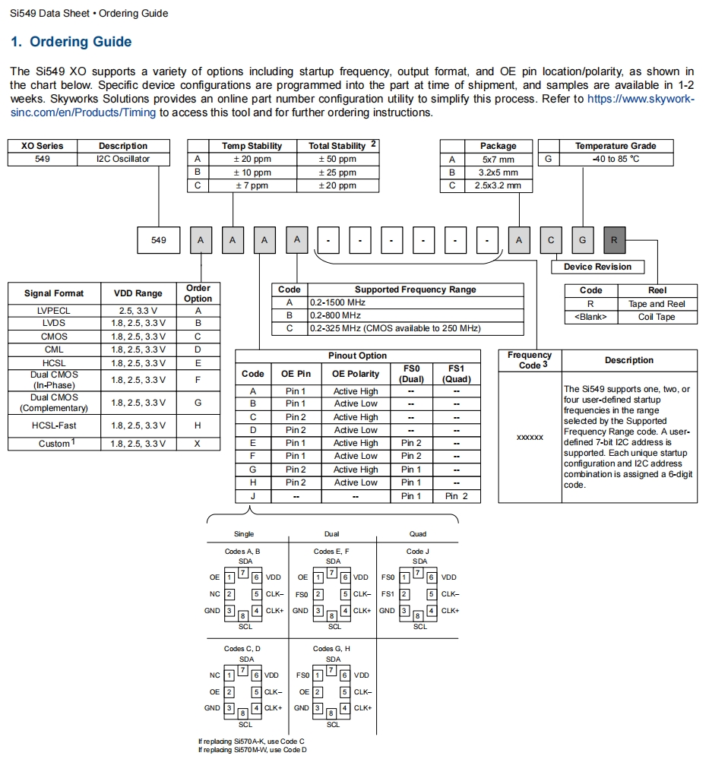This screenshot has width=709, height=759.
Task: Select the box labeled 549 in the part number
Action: pos(158,240)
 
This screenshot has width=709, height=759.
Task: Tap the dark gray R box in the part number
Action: pos(614,240)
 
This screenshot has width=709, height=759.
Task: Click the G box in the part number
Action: pos(582,240)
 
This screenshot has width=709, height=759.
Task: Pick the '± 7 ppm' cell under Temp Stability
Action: pos(252,185)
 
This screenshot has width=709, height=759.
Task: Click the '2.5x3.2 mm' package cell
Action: pos(498,185)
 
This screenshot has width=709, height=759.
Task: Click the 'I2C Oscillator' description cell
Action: pos(123,160)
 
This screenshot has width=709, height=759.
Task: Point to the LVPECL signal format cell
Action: pos(52,311)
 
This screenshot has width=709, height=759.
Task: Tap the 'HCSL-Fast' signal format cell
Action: pos(53,425)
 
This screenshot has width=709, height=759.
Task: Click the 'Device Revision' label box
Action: pos(597,267)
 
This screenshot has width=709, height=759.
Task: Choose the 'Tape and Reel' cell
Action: pos(657,304)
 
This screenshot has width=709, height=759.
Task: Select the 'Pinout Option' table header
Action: pos(357,356)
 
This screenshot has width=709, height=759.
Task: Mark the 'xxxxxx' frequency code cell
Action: pos(530,438)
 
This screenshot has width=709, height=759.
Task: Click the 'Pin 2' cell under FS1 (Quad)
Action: pos(457,496)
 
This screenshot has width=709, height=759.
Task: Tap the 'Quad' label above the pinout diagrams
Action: pos(418,534)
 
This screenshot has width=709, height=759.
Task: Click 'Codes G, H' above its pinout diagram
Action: pos(331,649)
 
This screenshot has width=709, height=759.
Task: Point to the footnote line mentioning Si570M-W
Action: pos(252,750)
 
